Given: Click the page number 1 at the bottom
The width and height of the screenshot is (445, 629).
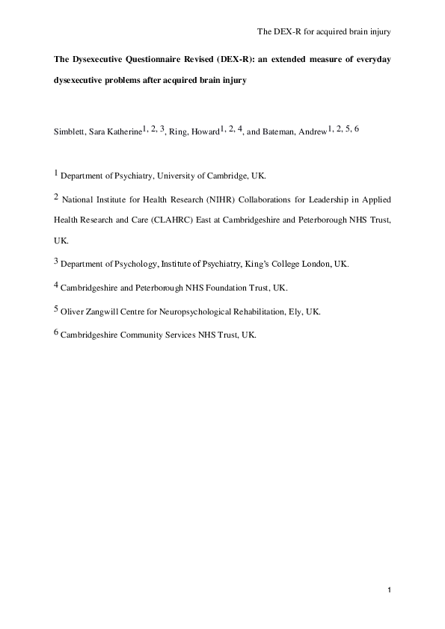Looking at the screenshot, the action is (390, 592).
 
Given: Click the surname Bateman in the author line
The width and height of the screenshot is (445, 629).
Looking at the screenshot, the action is (279, 132).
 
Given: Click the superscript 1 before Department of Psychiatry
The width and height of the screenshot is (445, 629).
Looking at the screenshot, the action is (55, 174).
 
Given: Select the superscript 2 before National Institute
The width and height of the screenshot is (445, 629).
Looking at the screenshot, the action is (55, 196).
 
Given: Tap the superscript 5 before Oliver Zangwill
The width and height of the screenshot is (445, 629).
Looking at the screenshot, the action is (55, 308).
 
